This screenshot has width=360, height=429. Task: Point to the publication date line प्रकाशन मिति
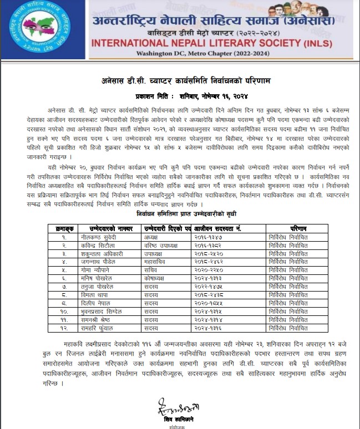(177, 95)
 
